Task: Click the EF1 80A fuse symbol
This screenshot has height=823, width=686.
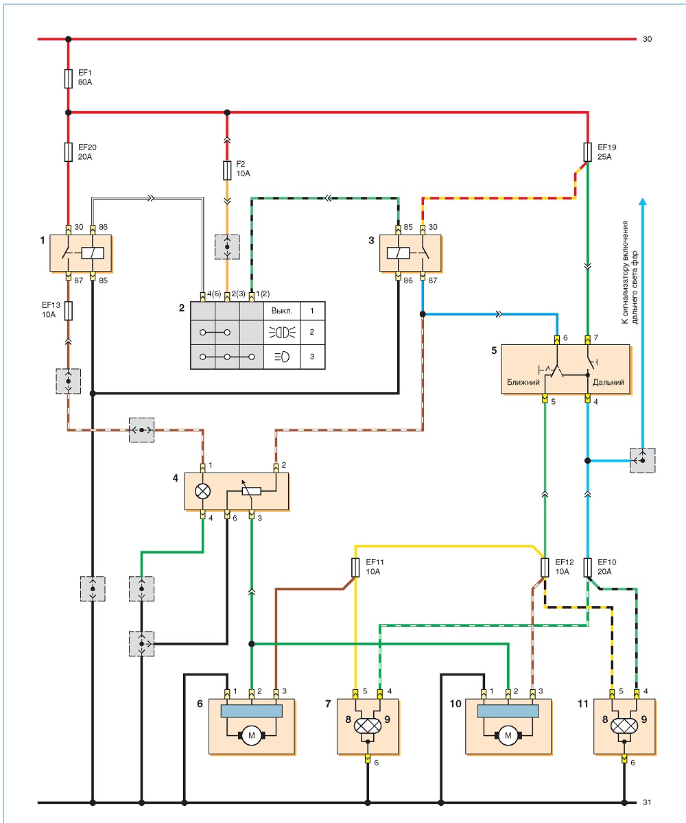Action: [x=68, y=78]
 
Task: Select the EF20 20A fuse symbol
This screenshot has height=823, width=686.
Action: [x=68, y=152]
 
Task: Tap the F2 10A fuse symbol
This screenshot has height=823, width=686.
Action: [x=227, y=170]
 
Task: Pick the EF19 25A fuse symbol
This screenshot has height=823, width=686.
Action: [x=587, y=152]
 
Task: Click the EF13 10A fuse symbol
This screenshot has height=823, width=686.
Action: [x=68, y=311]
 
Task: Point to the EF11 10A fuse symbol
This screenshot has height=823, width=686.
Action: [x=355, y=568]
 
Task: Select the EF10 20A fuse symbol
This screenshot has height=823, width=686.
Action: [x=587, y=568]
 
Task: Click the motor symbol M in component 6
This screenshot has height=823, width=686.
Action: [x=252, y=735]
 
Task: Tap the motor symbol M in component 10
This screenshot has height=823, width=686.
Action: [x=508, y=735]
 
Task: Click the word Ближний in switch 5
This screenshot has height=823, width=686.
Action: [x=523, y=382]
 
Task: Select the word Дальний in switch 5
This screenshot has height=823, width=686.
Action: [x=608, y=382]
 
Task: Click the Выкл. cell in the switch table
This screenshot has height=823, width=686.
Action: [x=282, y=311]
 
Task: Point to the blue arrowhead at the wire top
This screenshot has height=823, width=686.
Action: [x=643, y=202]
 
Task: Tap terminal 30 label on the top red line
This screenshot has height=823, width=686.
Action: [x=648, y=39]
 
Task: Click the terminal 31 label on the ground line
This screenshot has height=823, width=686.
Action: [x=648, y=799]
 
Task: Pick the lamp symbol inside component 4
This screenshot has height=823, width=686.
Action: [x=202, y=491]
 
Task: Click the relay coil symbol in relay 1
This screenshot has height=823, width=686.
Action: [x=93, y=253]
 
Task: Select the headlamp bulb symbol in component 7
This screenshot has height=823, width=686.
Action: [x=368, y=726]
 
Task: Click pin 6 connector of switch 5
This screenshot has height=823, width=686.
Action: [x=556, y=339]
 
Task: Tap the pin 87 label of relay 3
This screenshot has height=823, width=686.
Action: [x=432, y=281]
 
